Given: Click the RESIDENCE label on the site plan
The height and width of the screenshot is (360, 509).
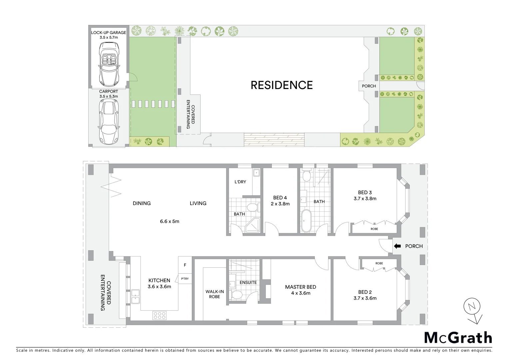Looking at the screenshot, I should click(281, 85).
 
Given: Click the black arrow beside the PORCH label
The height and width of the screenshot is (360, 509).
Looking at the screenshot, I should click(397, 246).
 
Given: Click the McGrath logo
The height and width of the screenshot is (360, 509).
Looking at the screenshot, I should click(458, 338).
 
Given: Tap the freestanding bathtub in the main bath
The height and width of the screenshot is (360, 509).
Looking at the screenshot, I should click(305, 221).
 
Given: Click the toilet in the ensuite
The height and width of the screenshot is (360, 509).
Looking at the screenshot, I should click(237, 294).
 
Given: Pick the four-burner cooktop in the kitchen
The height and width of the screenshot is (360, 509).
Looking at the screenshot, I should click(159, 315).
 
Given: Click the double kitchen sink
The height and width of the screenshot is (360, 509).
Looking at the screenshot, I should click(135, 296).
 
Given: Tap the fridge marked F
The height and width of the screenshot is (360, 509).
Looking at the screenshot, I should click(185, 265).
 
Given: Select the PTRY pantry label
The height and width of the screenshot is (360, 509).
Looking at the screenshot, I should click(185, 279).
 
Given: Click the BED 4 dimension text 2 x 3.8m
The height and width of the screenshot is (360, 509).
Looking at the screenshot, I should click(280, 204).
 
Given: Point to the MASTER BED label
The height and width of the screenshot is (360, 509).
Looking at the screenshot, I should click(300, 287).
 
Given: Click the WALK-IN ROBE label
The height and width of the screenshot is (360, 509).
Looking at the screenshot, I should click(215, 294).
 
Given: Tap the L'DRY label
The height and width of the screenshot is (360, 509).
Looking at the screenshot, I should click(240, 182).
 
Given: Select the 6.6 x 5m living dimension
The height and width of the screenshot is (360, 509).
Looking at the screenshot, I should click(170, 221).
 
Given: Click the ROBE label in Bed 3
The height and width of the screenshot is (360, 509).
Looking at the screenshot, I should click(374, 229).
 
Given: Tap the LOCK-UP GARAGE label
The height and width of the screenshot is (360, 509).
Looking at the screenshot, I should click(109, 33).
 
